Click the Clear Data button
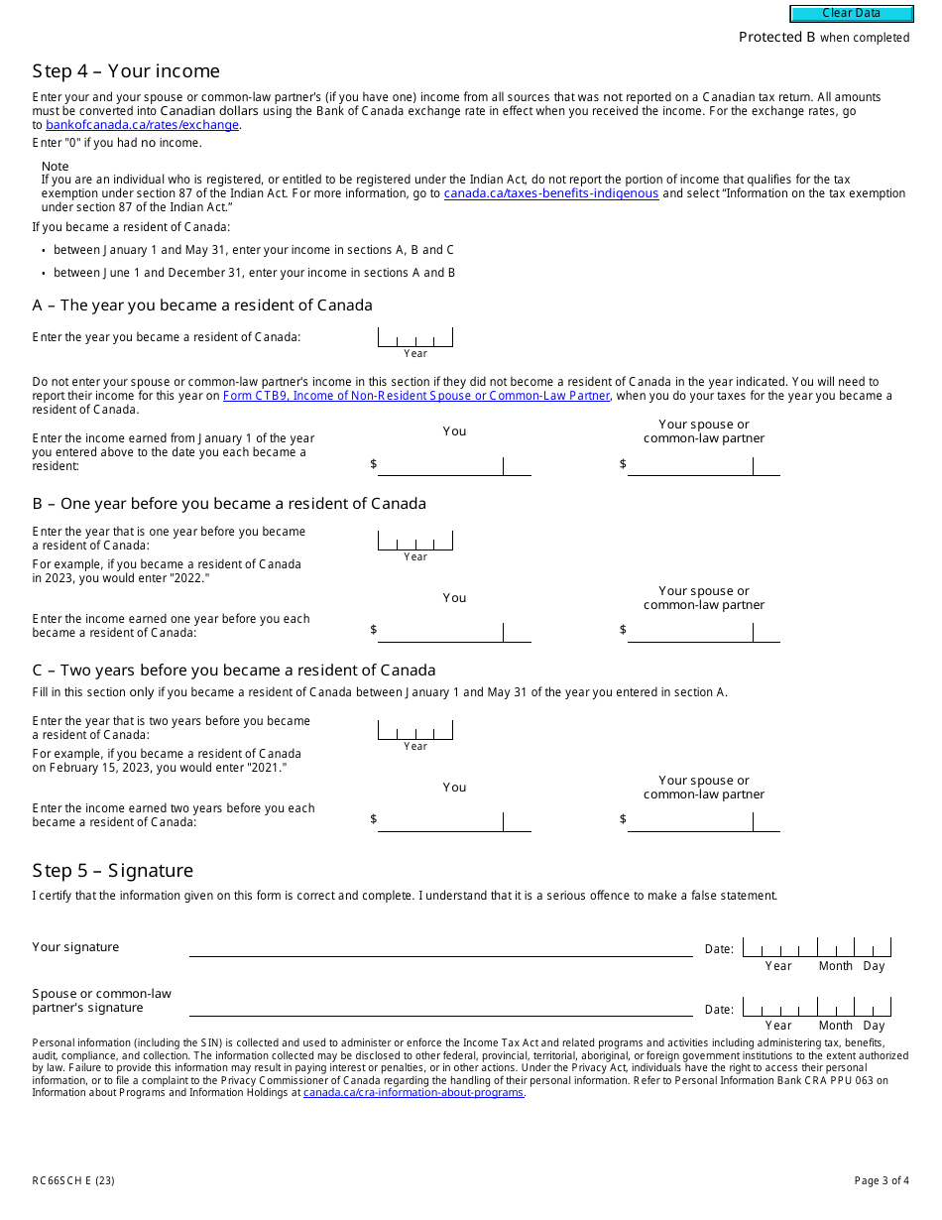[x=851, y=14]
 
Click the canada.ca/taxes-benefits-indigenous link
[x=550, y=193]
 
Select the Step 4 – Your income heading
[x=126, y=71]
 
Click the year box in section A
[x=414, y=337]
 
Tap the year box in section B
[x=414, y=541]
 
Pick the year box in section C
[x=414, y=730]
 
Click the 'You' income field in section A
[x=440, y=466]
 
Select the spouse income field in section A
[x=690, y=466]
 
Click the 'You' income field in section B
[x=440, y=632]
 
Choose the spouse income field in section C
[x=690, y=821]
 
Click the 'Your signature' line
[x=440, y=948]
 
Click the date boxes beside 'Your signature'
[x=816, y=948]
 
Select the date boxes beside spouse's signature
[x=816, y=1008]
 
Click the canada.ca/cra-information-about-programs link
[x=412, y=1093]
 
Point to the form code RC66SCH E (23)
[x=73, y=1180]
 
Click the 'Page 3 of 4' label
[x=881, y=1180]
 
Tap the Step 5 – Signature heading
[x=112, y=871]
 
